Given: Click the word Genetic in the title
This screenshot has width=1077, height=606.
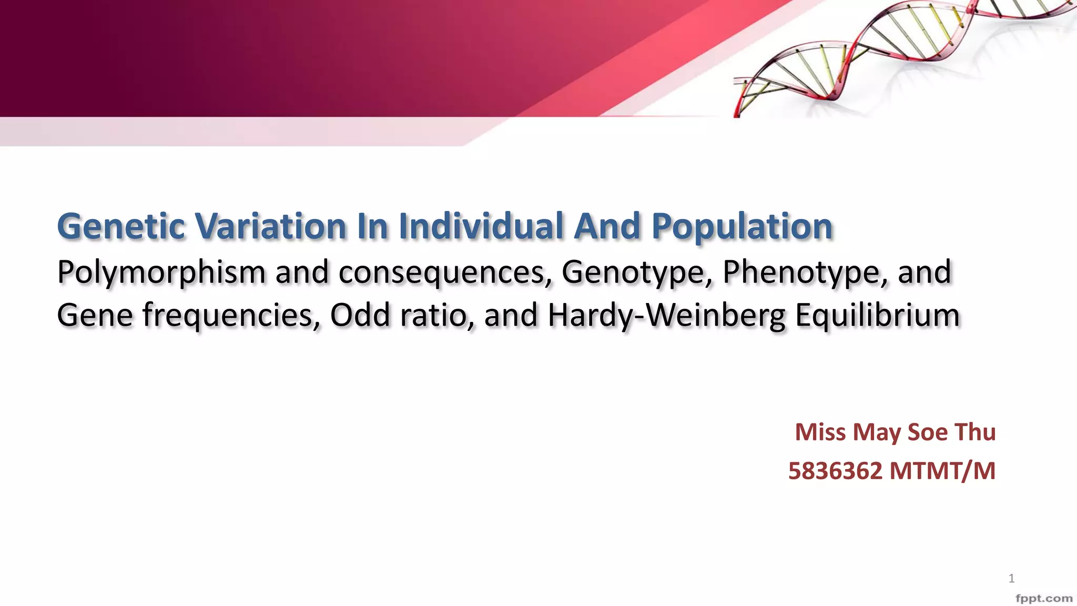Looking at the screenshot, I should click(x=121, y=227).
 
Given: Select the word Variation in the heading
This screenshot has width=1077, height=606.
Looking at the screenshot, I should click(x=270, y=226).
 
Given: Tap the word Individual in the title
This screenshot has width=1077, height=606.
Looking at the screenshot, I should click(x=481, y=226).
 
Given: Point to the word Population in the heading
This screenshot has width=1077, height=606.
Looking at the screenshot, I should click(x=742, y=227).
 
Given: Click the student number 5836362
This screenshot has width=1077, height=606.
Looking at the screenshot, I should click(x=835, y=471).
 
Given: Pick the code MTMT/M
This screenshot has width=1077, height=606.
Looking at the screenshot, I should click(x=942, y=471).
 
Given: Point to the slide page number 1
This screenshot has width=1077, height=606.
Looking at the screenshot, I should click(x=1011, y=579).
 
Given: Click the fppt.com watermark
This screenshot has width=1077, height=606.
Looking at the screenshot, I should click(x=1043, y=598).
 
